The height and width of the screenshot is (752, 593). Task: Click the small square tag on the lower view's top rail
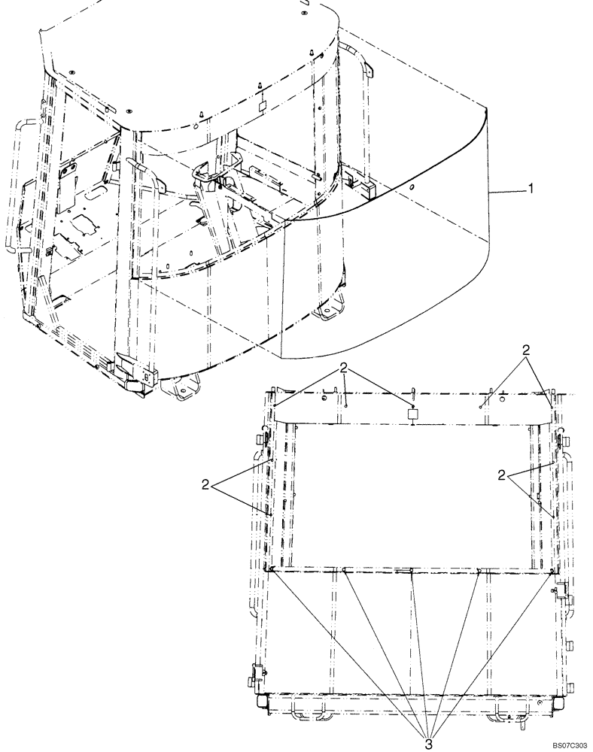pyautogui.click(x=412, y=414)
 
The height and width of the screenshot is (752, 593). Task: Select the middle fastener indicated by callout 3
pyautogui.click(x=412, y=571)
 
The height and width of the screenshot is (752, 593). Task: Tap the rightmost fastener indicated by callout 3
pyautogui.click(x=553, y=571)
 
